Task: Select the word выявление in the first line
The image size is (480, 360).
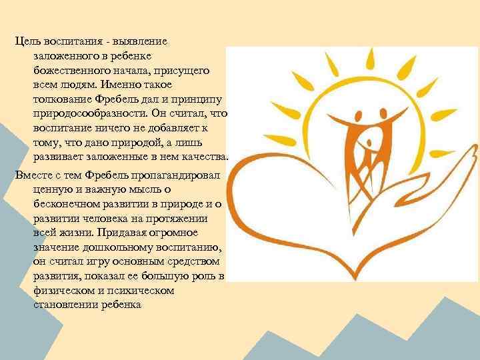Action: [141, 41]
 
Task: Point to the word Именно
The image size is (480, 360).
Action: [123, 85]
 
